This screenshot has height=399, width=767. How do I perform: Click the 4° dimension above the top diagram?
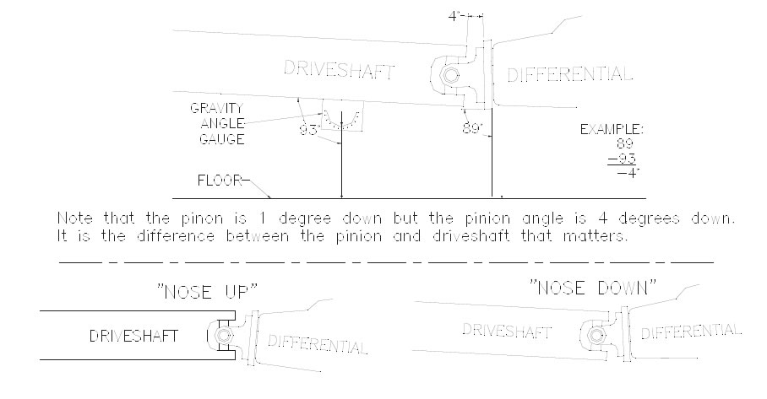[455, 16]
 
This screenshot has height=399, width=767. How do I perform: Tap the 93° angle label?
[309, 131]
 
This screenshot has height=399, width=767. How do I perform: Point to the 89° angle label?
[472, 128]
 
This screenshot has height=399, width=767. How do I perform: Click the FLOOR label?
[220, 181]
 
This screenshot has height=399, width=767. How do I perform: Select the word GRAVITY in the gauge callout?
[216, 108]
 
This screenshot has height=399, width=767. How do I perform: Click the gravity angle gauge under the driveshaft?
[342, 116]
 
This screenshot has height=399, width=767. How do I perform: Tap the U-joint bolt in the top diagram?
[449, 76]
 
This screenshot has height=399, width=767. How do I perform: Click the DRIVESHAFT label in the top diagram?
[339, 70]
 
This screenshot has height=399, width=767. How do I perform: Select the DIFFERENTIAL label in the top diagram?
[570, 74]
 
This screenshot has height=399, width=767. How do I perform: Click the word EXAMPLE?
[612, 129]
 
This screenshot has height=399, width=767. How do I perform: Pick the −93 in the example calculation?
[623, 159]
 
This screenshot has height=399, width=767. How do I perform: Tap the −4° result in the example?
[628, 173]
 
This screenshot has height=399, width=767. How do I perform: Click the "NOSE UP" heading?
[207, 292]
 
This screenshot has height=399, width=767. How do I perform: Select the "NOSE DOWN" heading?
[592, 287]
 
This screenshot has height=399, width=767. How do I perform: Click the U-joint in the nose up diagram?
[223, 336]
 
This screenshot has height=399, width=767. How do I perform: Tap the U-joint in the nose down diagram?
[596, 336]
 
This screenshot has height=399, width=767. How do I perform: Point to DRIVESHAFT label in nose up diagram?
[133, 336]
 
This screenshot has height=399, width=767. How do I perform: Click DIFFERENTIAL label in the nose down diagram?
[691, 332]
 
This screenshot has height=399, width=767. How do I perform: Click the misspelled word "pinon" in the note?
[202, 218]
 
